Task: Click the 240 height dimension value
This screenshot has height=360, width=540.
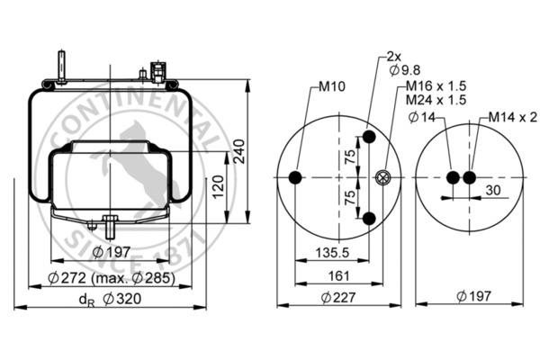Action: [239, 152]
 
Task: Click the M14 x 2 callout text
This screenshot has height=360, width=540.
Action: [513, 117]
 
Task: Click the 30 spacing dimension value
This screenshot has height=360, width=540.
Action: [493, 190]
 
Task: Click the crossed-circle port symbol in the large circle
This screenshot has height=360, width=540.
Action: [385, 178]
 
